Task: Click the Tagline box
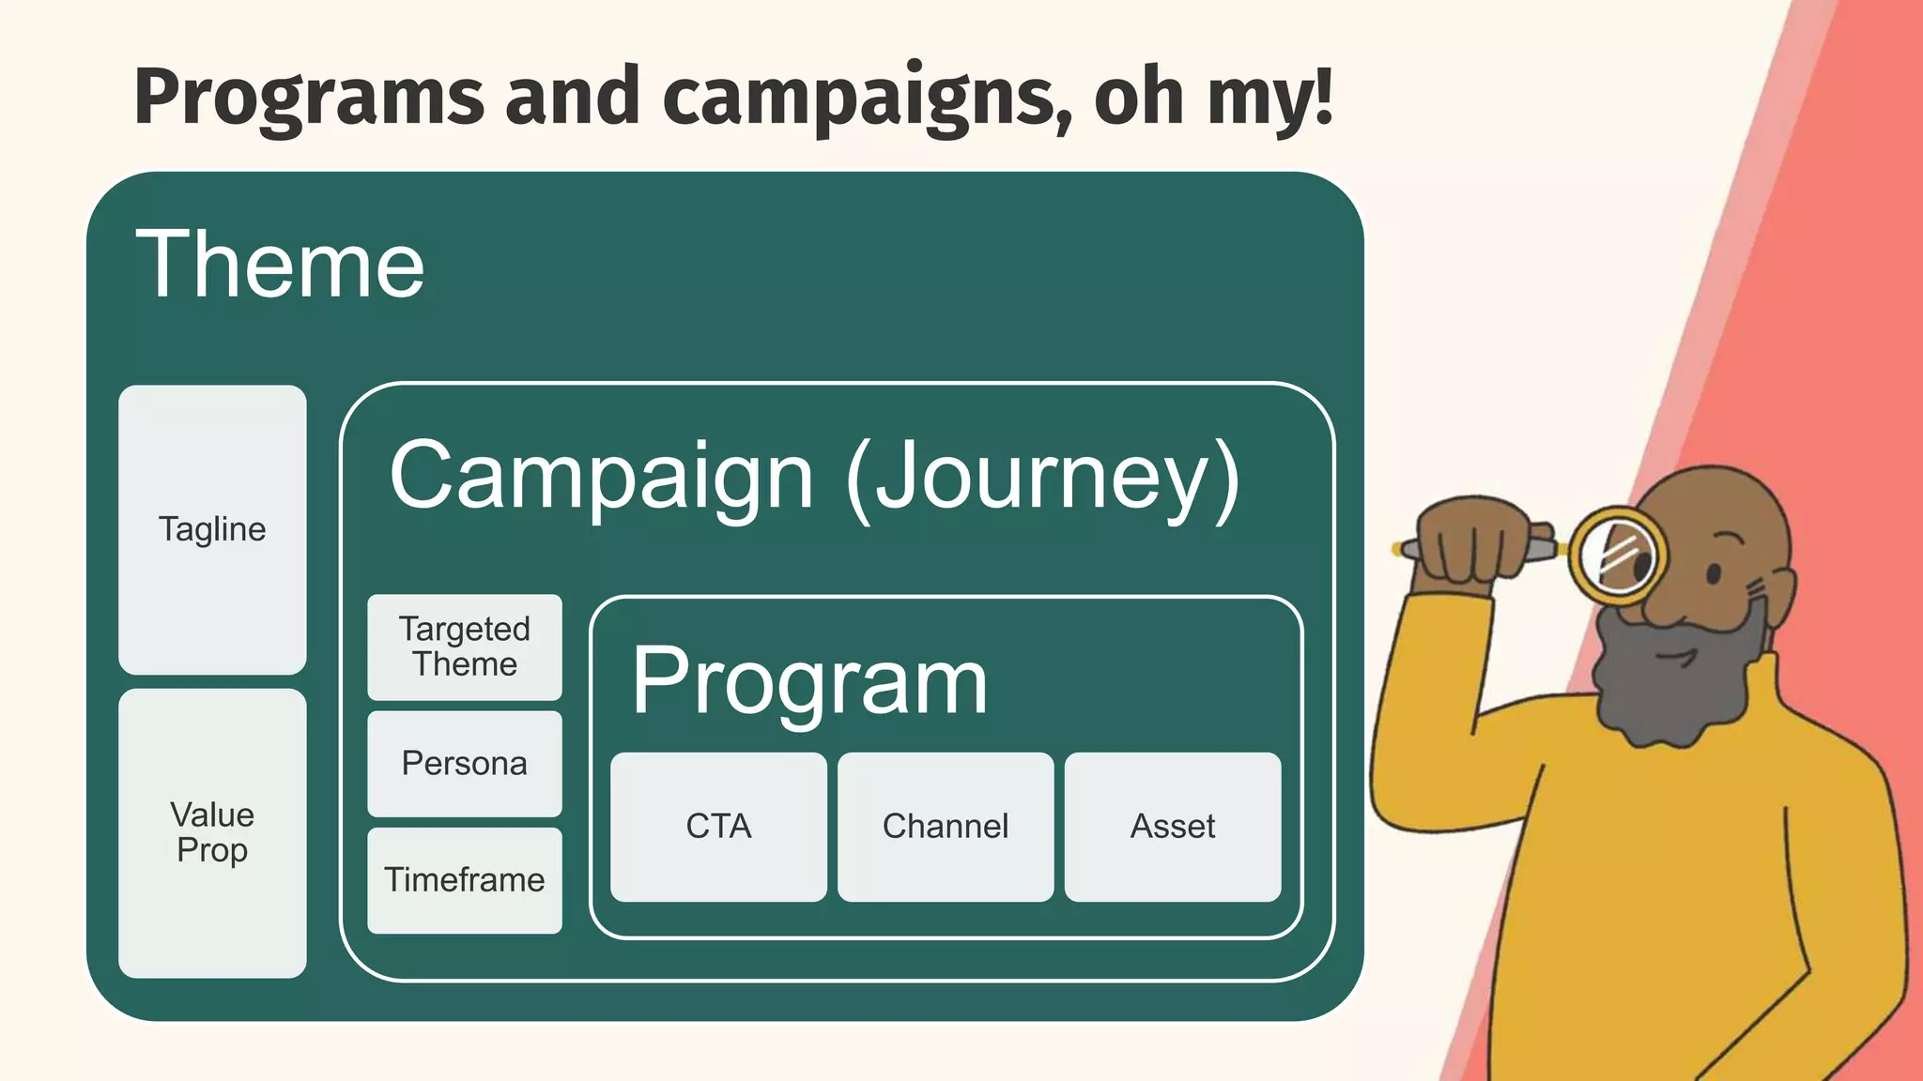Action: coord(212,529)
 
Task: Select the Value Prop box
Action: coord(212,832)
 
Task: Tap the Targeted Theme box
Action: coord(465,647)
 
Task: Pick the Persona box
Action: coord(465,764)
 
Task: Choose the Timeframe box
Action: coord(465,880)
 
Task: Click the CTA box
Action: coord(718,827)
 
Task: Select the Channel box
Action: coord(946,827)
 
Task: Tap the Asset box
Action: coord(1173,827)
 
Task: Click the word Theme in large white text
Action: coord(280,266)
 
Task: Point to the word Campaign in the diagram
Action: coord(601,477)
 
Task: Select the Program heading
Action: coord(809,681)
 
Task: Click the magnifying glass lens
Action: coord(1617,556)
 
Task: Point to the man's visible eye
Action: coord(1714,574)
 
